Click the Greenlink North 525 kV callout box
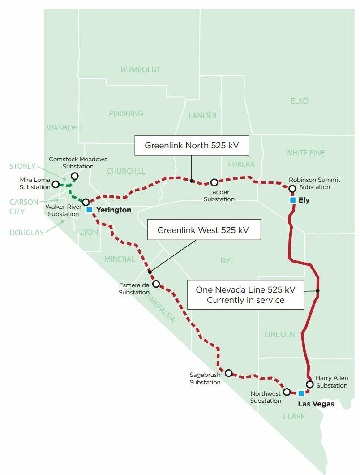click(191, 146)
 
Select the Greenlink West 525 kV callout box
click(202, 230)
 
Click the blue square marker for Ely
click(292, 200)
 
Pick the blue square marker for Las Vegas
click(301, 393)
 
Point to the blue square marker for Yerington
click(89, 210)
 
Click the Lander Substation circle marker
click(214, 182)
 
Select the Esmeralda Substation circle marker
click(156, 284)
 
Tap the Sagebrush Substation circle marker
click(228, 373)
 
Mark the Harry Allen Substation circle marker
click(309, 384)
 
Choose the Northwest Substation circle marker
click(287, 392)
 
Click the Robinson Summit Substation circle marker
click(292, 189)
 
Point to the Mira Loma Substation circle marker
click(56, 184)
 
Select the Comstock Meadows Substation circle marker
click(74, 176)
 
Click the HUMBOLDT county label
click(140, 69)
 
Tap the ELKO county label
click(300, 101)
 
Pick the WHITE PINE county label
click(305, 153)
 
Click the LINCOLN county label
click(279, 334)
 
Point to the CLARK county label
click(294, 416)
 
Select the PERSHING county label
click(126, 113)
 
